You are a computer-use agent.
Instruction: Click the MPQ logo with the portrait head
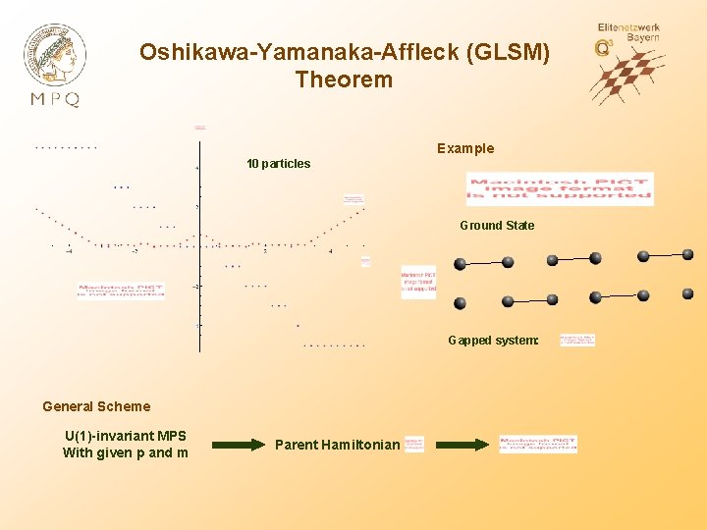click(55, 64)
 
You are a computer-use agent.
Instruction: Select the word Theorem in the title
click(344, 79)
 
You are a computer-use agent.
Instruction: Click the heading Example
click(465, 148)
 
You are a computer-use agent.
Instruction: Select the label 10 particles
click(278, 164)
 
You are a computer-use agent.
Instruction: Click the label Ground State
click(497, 226)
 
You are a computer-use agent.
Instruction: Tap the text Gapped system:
click(493, 341)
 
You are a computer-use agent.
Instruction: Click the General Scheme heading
click(96, 406)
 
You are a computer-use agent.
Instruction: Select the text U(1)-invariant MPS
click(125, 436)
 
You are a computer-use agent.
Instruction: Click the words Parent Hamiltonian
click(337, 445)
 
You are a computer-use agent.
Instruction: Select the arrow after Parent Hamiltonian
click(461, 445)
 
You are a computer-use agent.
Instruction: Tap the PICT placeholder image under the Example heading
click(560, 188)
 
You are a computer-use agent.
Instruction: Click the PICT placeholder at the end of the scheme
click(538, 444)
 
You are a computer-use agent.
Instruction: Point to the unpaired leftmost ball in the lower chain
click(461, 303)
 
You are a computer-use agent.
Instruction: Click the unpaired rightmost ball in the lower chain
click(687, 294)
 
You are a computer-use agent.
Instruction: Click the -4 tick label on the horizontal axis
click(69, 251)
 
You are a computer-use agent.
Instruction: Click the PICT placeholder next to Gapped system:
click(577, 341)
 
